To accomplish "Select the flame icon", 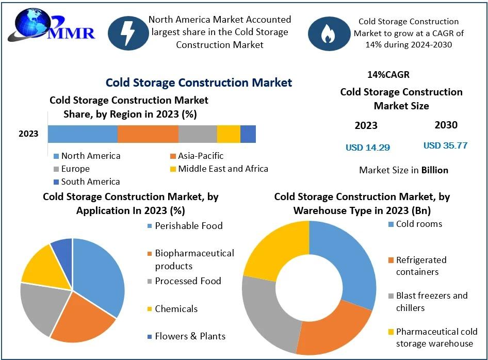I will tap(329, 34).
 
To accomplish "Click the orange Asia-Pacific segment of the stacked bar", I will tap(148, 134).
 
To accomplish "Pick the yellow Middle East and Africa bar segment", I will tap(229, 134).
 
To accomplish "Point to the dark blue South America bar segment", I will tap(248, 134).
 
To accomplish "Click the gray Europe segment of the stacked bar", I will tap(198, 134).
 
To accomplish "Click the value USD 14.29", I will tap(368, 148).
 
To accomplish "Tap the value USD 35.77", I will tap(445, 145).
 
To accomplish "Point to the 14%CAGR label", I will tap(388, 75).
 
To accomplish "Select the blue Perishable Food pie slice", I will tap(101, 273).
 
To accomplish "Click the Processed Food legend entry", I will tap(188, 281).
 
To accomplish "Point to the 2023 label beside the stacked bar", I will tap(28, 134).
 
